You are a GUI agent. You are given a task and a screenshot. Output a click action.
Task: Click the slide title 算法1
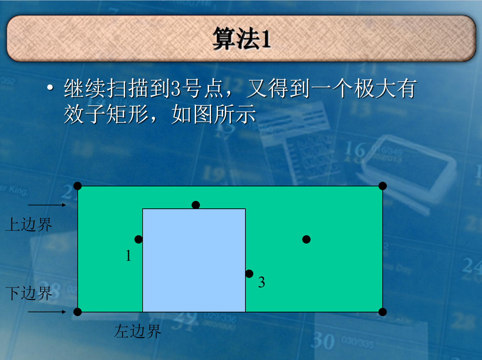point(242,39)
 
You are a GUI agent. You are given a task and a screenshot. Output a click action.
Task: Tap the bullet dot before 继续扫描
point(50,87)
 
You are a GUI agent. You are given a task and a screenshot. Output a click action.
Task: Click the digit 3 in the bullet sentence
point(176,88)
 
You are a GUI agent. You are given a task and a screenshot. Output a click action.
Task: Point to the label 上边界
point(29,224)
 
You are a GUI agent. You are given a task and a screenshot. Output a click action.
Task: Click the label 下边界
point(29,293)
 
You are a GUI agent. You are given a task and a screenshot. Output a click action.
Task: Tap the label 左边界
point(138,331)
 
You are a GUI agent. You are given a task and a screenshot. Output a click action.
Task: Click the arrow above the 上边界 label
point(47,205)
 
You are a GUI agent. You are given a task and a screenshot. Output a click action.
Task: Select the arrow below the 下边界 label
point(47,312)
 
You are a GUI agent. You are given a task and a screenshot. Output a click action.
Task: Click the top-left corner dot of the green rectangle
point(78,186)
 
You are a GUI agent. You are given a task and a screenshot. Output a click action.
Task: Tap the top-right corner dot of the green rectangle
point(383,186)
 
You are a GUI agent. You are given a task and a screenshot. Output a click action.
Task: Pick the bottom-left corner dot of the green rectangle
point(78,312)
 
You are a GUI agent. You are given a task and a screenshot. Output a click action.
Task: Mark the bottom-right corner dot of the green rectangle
point(383,312)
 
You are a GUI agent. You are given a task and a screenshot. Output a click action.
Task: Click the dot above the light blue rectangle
point(196,205)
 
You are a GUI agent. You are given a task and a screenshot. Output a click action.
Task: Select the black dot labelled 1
point(139,239)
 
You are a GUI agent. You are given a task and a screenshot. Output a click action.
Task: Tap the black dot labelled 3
point(249,274)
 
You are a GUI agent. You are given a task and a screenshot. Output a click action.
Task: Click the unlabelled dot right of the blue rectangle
point(306,239)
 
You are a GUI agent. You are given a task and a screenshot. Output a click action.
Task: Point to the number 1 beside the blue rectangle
point(129,256)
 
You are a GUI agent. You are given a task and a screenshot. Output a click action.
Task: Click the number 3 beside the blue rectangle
point(261,282)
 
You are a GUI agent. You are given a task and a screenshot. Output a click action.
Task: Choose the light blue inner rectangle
point(194,260)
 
